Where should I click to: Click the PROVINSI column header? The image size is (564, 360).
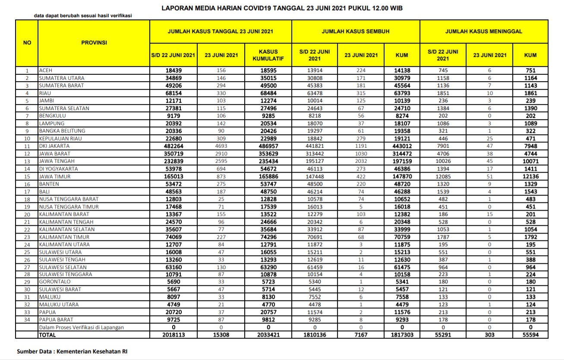pos(94,43)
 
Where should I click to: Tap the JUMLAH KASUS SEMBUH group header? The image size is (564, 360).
pos(356,32)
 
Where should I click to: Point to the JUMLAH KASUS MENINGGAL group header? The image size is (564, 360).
pos(484,32)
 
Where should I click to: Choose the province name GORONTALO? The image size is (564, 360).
pos(55,281)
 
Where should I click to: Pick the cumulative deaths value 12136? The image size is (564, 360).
pos(530,176)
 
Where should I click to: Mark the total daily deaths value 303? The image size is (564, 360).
pos(489,335)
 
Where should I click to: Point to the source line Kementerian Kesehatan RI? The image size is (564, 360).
pos(72,351)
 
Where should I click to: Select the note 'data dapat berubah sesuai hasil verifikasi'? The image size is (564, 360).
pos(83,16)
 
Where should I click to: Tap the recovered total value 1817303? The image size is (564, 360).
pos(401,335)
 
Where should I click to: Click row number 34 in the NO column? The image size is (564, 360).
pos(27,319)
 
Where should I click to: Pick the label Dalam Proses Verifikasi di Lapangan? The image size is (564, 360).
pos(82,327)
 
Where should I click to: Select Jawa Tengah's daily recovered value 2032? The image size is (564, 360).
pos(361,161)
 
